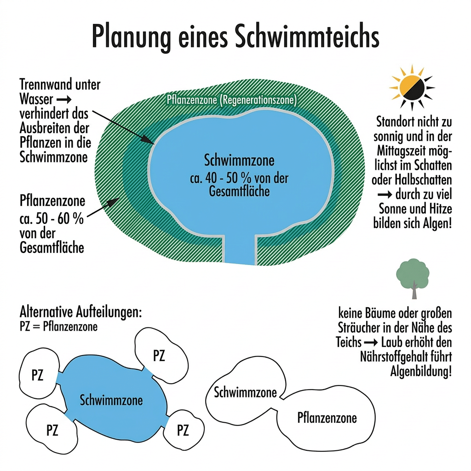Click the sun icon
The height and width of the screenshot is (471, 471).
coord(412,87)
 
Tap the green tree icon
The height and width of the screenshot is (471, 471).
coord(413,278)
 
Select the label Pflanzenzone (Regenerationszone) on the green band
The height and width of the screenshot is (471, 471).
coord(232,100)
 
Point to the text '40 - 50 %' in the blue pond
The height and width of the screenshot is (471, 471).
coord(228,178)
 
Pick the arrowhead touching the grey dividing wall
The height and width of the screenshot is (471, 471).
coord(148,139)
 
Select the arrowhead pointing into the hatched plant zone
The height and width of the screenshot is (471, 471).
coord(113,202)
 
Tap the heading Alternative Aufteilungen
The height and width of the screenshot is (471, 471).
coord(80,312)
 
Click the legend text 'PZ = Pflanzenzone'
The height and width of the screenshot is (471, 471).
coord(58,327)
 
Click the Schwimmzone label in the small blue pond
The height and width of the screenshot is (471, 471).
coord(111,400)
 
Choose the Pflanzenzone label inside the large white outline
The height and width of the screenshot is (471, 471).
coord(327,418)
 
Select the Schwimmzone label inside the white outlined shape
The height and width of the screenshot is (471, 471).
coord(245,392)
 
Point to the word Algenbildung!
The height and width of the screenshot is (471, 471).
coord(421,372)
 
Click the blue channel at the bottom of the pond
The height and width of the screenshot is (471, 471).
coord(240,249)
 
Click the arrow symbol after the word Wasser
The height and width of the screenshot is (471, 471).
coord(64,99)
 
